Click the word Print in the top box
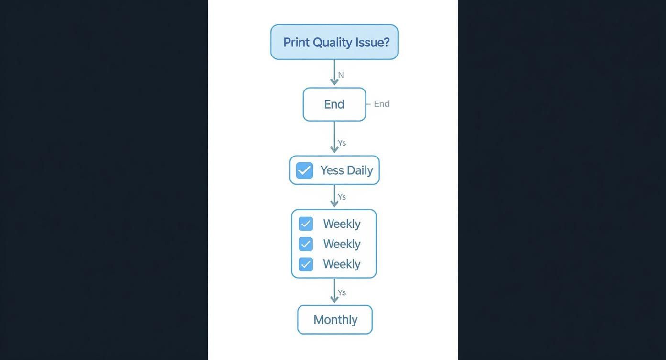296,42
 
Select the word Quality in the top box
332,42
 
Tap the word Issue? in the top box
372,42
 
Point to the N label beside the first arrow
341,75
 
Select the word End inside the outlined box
334,104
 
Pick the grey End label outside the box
382,104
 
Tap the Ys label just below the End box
342,143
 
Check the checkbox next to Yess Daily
304,170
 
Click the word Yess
332,170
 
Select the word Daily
360,170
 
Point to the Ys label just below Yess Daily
342,197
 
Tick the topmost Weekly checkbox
306,224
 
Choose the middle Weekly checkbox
306,244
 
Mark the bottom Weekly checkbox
306,264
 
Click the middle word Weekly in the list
342,244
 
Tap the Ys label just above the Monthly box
342,293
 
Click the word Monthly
335,320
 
